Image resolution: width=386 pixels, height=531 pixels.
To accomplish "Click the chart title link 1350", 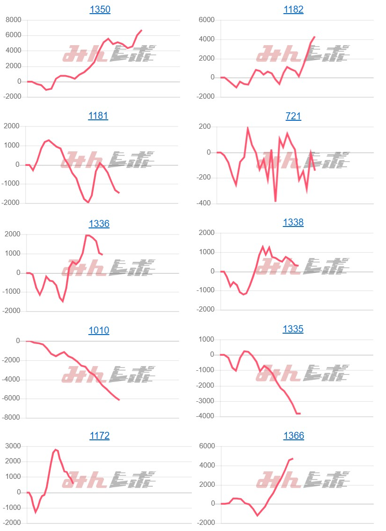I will pos(100,9).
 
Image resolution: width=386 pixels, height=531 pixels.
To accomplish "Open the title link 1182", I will pos(293,9).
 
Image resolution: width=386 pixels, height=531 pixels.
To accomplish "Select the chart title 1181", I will pos(98,116).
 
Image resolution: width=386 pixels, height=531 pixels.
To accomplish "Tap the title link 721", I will pos(293,116).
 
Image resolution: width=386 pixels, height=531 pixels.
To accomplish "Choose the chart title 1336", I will pos(99,224).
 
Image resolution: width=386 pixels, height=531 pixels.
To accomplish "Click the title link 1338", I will pos(293,222).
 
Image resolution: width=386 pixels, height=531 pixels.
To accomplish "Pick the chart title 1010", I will pos(99,330).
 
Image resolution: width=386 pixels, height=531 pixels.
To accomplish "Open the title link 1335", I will pos(293,329).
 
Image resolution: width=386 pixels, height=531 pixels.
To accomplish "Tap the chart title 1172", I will pos(99,436).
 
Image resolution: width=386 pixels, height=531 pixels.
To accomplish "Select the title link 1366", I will pos(293,436).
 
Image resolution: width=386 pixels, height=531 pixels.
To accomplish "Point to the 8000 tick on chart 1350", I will pos(13,20).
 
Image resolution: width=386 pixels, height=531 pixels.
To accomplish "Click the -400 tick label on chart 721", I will pos(205,203).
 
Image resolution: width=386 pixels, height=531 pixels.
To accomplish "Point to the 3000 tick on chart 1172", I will pos(13,446).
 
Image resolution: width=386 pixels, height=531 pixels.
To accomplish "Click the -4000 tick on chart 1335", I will pos(205,416).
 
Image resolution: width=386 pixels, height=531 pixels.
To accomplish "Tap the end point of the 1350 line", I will pos(142,30).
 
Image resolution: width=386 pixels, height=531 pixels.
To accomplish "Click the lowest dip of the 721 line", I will pos(275,202).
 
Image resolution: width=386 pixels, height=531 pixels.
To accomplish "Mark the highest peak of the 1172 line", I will pos(55,450).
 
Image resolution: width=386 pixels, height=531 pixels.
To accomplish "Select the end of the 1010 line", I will pos(119,400).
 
